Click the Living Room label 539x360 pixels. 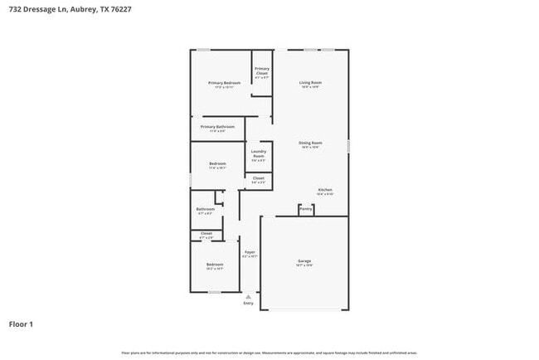click(x=311, y=82)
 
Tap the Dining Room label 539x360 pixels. click(x=311, y=143)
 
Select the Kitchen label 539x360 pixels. click(x=325, y=190)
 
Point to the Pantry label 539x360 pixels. click(x=306, y=209)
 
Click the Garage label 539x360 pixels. click(x=304, y=261)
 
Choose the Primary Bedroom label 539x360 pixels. click(x=224, y=83)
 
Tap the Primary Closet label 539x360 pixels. click(x=262, y=71)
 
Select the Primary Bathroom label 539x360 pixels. click(x=217, y=127)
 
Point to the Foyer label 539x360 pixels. click(x=250, y=251)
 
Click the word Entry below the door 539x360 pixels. click(x=249, y=303)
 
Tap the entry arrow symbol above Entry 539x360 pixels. click(x=249, y=295)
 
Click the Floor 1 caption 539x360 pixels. click(x=21, y=324)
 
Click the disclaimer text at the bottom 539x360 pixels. click(x=269, y=353)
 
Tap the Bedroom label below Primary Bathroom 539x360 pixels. click(x=217, y=164)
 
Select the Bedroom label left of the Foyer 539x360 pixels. click(x=215, y=265)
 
